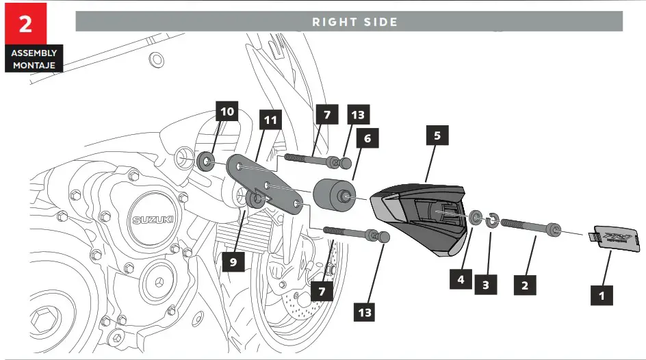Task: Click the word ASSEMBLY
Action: pyautogui.click(x=34, y=53)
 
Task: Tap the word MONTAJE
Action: pyautogui.click(x=34, y=66)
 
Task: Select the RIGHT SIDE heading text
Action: pyautogui.click(x=354, y=22)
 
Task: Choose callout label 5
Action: pyautogui.click(x=437, y=136)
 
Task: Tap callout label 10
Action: pyautogui.click(x=227, y=112)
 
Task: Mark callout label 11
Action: pyautogui.click(x=270, y=120)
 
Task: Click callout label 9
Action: pyautogui.click(x=233, y=261)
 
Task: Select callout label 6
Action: pyautogui.click(x=367, y=138)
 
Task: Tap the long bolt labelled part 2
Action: pyautogui.click(x=530, y=226)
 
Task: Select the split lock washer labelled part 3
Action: pyautogui.click(x=491, y=220)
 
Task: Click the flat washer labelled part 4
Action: pyautogui.click(x=474, y=218)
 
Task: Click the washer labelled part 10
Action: pyautogui.click(x=204, y=163)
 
